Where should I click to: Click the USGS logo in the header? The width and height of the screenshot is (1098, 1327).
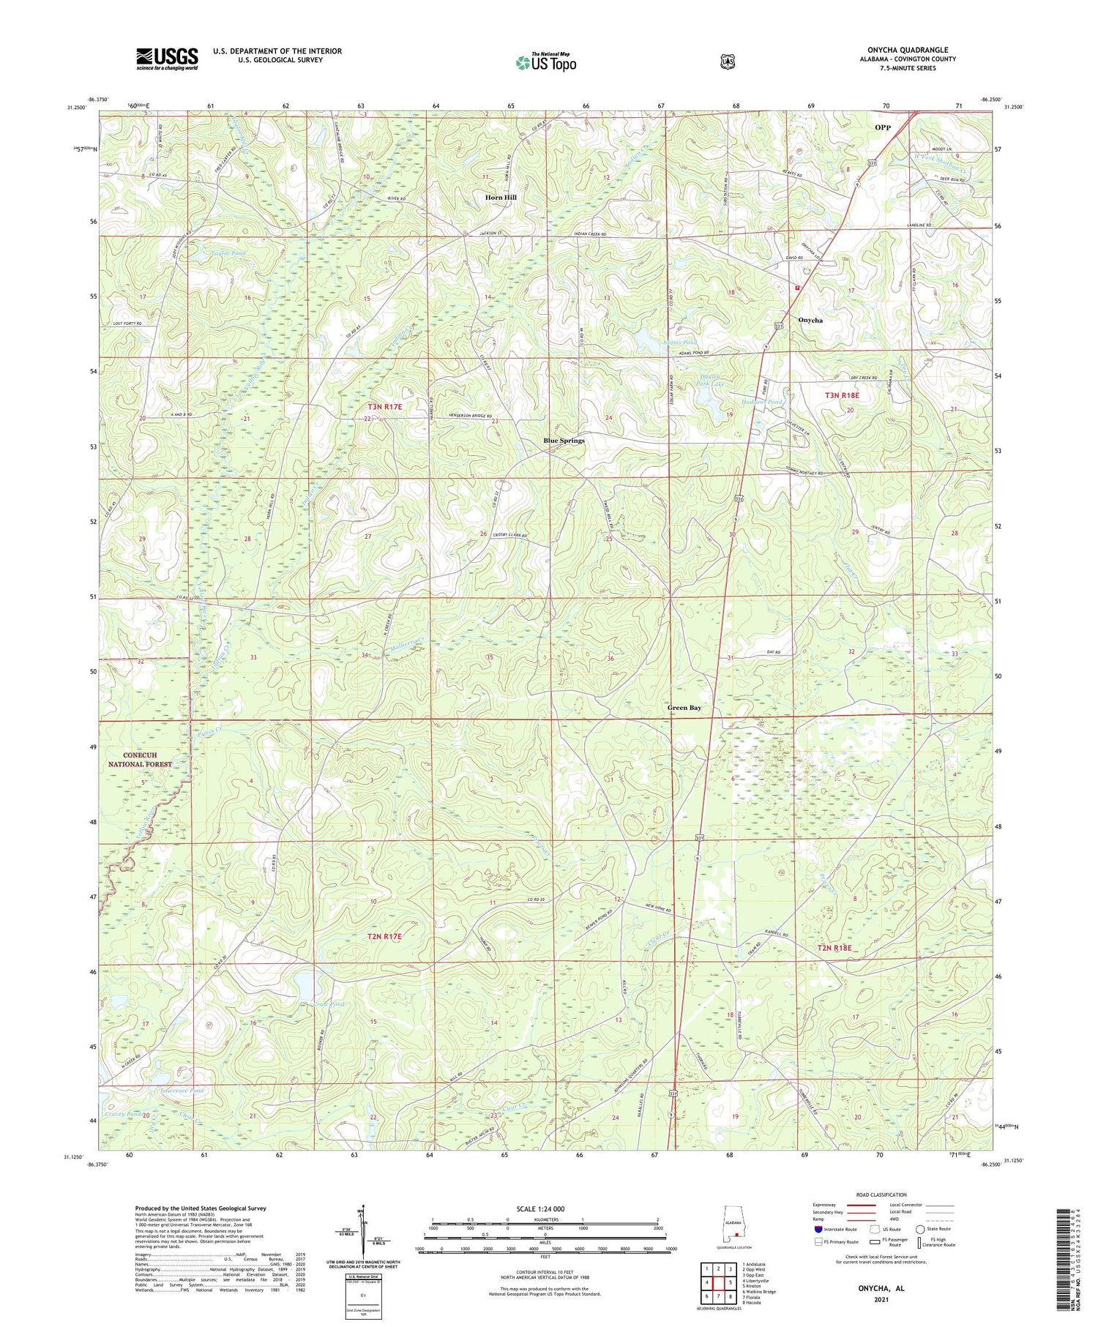click(167, 59)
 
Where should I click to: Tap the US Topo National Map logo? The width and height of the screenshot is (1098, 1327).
click(545, 62)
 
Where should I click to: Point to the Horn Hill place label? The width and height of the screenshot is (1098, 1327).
click(500, 198)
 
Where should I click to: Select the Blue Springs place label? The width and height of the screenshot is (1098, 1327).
click(564, 441)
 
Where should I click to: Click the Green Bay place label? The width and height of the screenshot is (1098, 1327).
click(684, 708)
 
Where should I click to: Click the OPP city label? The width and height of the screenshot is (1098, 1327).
click(883, 127)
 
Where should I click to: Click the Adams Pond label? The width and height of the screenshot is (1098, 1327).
click(679, 342)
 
